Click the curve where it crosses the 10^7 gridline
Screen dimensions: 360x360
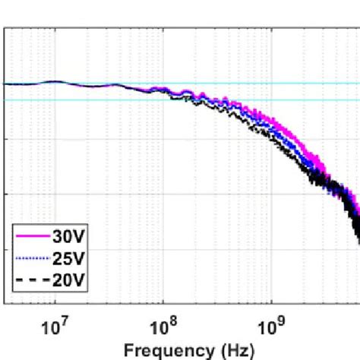click(55, 81)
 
